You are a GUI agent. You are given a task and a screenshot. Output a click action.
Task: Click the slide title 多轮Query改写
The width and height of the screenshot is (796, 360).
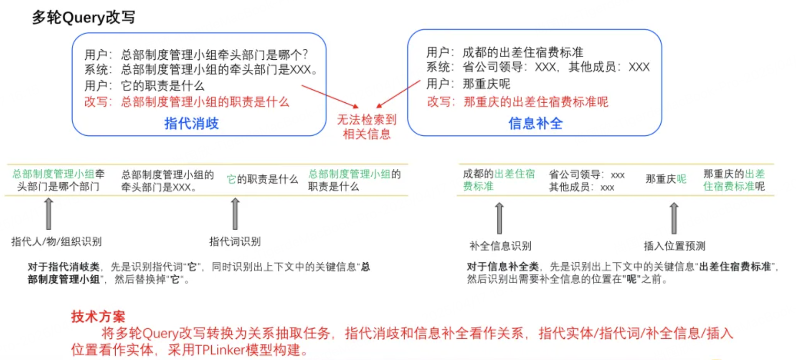84,18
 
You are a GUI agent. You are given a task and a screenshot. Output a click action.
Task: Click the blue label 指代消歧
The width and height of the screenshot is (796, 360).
191,123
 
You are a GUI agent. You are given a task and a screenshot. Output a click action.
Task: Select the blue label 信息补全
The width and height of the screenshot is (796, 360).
535,123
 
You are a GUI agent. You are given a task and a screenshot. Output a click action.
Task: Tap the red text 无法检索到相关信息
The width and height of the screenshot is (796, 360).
367,127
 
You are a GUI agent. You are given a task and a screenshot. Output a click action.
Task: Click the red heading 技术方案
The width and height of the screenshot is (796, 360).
98,317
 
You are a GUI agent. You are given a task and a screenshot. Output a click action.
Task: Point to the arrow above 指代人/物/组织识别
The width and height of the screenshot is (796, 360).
48,213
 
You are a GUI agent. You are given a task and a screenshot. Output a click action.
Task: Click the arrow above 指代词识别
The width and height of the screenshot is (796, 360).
235,213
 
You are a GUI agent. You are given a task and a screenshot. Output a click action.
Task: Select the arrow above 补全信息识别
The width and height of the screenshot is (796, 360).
499,218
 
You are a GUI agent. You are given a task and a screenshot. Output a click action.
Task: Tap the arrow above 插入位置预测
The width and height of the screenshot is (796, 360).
674,218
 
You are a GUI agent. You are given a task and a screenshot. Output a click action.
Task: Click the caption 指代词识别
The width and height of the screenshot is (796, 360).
235,241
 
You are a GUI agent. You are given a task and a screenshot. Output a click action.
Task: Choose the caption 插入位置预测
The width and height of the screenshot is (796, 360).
674,246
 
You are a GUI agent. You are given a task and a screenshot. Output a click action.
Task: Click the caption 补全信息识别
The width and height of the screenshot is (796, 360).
500,246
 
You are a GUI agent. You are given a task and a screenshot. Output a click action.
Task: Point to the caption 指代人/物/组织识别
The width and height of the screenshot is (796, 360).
56,241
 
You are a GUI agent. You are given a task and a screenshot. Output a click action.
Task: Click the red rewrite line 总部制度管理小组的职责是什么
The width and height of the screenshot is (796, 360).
187,101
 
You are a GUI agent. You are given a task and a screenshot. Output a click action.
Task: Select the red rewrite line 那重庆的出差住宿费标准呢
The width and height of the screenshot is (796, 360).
517,101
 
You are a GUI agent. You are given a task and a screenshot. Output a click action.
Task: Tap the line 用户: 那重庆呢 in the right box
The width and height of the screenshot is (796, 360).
468,84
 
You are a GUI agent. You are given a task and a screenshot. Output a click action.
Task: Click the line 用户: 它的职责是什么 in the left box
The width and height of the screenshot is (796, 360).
144,86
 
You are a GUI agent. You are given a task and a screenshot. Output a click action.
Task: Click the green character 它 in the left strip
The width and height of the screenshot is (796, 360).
231,180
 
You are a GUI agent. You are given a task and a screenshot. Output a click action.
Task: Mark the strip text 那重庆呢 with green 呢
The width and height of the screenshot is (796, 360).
666,179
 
